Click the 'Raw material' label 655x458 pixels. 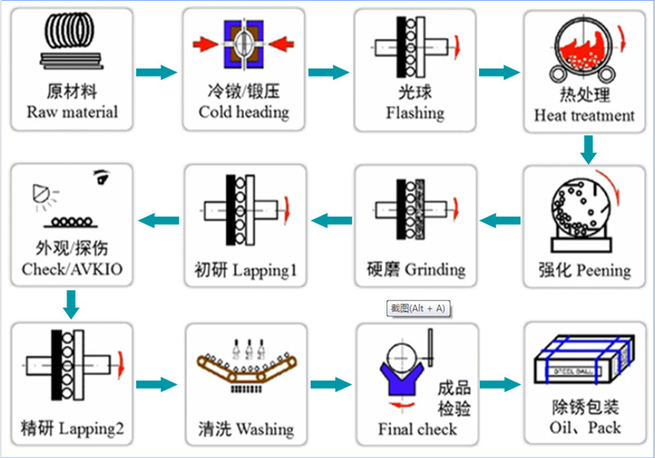click(x=72, y=112)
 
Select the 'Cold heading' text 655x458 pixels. click(x=243, y=112)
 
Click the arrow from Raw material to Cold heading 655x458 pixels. click(x=156, y=72)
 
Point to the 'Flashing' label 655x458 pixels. click(x=415, y=112)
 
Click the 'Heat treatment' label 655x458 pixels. click(x=584, y=116)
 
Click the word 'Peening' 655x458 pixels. click(x=603, y=270)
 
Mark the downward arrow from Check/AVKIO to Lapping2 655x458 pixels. click(x=71, y=305)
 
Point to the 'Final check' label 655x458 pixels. click(x=417, y=429)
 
